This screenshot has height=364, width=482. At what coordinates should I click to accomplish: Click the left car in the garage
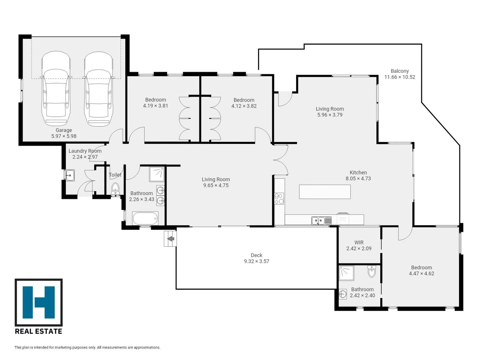tap(56, 89)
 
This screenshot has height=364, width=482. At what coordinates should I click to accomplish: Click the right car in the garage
tap(99, 89)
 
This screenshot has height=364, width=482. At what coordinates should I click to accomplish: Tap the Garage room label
tap(64, 130)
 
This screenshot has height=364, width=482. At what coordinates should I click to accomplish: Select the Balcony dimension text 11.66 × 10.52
tap(400, 77)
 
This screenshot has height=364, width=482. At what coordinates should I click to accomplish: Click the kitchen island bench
tap(325, 192)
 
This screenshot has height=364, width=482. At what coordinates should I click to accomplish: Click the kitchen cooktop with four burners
tap(279, 199)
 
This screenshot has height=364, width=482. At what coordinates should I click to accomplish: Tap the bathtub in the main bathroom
tap(145, 218)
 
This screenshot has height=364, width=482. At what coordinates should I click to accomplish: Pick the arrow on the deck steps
tap(171, 238)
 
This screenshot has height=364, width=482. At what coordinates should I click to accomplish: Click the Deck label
tap(256, 255)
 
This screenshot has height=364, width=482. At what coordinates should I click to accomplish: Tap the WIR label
tap(359, 242)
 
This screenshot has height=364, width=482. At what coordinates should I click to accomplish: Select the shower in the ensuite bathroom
tap(346, 273)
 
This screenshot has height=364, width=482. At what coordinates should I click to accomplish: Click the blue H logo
tap(39, 302)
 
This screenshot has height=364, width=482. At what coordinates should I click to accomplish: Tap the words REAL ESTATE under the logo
tap(38, 331)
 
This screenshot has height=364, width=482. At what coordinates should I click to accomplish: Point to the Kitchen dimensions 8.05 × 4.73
tap(358, 178)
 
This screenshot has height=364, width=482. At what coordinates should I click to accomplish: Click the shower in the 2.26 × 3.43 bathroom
tap(157, 174)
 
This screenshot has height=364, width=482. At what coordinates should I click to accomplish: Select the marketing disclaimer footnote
tap(87, 347)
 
